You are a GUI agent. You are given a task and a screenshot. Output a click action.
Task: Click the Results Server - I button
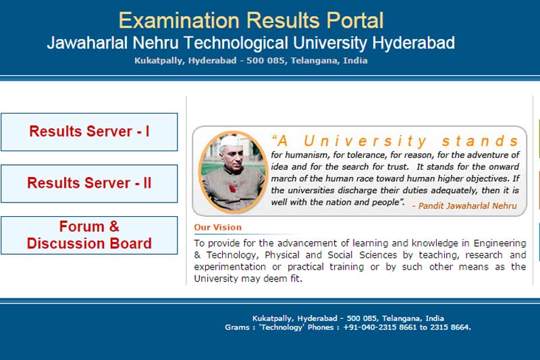(x=89, y=132)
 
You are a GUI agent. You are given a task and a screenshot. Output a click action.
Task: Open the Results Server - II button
(x=89, y=183)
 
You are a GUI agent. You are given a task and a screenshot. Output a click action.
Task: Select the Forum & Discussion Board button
(x=89, y=235)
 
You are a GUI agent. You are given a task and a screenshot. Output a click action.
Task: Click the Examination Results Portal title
(x=251, y=20)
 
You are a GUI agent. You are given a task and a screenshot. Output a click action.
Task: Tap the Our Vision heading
(x=217, y=228)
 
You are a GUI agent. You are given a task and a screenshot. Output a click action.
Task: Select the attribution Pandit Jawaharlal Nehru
(x=464, y=205)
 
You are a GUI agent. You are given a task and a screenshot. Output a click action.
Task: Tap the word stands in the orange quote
(x=481, y=141)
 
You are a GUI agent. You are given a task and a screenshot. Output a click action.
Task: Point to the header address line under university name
(x=251, y=61)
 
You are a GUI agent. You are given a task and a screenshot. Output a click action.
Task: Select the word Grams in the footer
(x=238, y=327)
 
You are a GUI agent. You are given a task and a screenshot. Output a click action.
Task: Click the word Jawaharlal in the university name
(x=87, y=43)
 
